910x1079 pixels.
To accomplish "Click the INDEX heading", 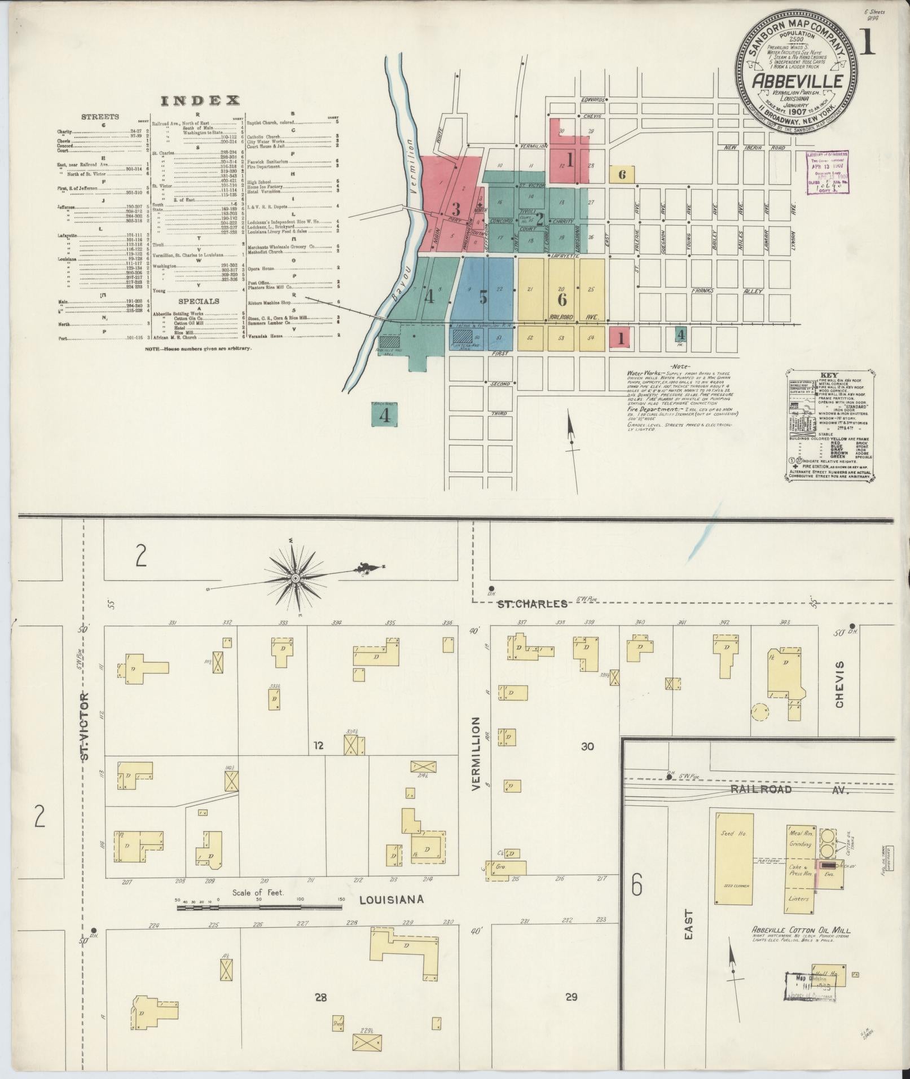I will tap(200, 101).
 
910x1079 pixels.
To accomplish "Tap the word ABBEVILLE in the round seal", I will tap(797, 82).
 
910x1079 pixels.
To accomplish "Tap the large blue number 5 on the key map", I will tap(483, 297).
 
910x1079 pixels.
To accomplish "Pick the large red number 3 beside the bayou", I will tap(456, 208).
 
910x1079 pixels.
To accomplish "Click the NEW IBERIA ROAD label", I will tap(754, 147).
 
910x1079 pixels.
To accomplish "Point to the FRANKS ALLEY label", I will tap(727, 291).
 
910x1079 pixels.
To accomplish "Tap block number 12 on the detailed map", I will tap(319, 746).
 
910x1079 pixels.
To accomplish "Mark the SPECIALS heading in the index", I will tap(199, 301).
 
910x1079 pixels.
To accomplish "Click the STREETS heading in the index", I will tap(100, 117).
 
